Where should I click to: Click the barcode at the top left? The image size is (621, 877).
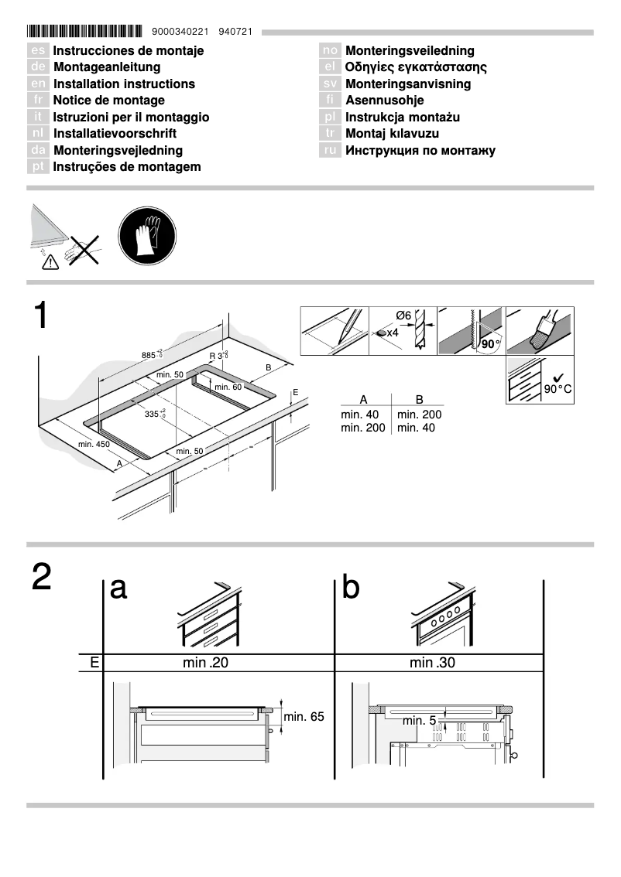point(84,32)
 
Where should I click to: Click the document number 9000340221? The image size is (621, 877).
point(181,32)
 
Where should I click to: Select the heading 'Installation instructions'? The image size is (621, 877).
point(124,84)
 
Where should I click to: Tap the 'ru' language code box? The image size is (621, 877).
point(331,150)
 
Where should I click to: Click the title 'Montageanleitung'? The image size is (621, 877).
point(107,67)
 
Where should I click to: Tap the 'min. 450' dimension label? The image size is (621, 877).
point(94,445)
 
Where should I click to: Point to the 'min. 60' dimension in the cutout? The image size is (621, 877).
point(228,387)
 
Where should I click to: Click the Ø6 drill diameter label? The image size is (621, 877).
point(403,316)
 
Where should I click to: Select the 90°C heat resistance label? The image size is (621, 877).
point(557,388)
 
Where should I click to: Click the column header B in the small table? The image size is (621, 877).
point(419,400)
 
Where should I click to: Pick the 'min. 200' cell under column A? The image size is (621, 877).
point(363,428)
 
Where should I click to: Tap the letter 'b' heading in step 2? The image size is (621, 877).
point(351,589)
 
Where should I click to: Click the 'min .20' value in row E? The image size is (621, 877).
point(206,663)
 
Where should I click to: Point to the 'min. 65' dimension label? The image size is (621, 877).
point(304,717)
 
